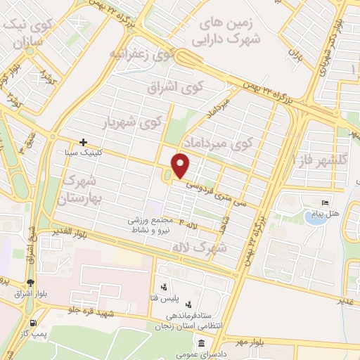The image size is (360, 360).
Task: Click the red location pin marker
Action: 181,167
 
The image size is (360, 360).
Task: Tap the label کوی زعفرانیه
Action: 139,53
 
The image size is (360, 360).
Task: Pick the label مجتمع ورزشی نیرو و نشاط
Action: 152,224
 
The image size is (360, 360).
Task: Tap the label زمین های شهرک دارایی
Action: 231,31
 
